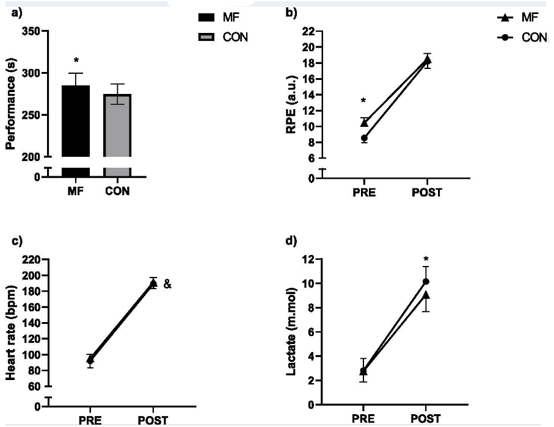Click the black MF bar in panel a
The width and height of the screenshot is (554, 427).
pyautogui.click(x=76, y=122)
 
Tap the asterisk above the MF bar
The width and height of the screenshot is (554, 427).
pyautogui.click(x=76, y=61)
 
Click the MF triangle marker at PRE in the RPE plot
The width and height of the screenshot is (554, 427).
pyautogui.click(x=365, y=123)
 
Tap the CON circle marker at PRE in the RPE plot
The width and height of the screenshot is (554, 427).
pyautogui.click(x=365, y=138)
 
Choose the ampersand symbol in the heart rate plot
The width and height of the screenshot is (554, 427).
pyautogui.click(x=166, y=284)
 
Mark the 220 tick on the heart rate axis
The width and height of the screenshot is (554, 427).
pyautogui.click(x=31, y=260)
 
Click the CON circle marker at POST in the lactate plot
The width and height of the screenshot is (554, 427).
pyautogui.click(x=426, y=281)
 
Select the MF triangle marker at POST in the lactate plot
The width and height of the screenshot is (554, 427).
pyautogui.click(x=426, y=295)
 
